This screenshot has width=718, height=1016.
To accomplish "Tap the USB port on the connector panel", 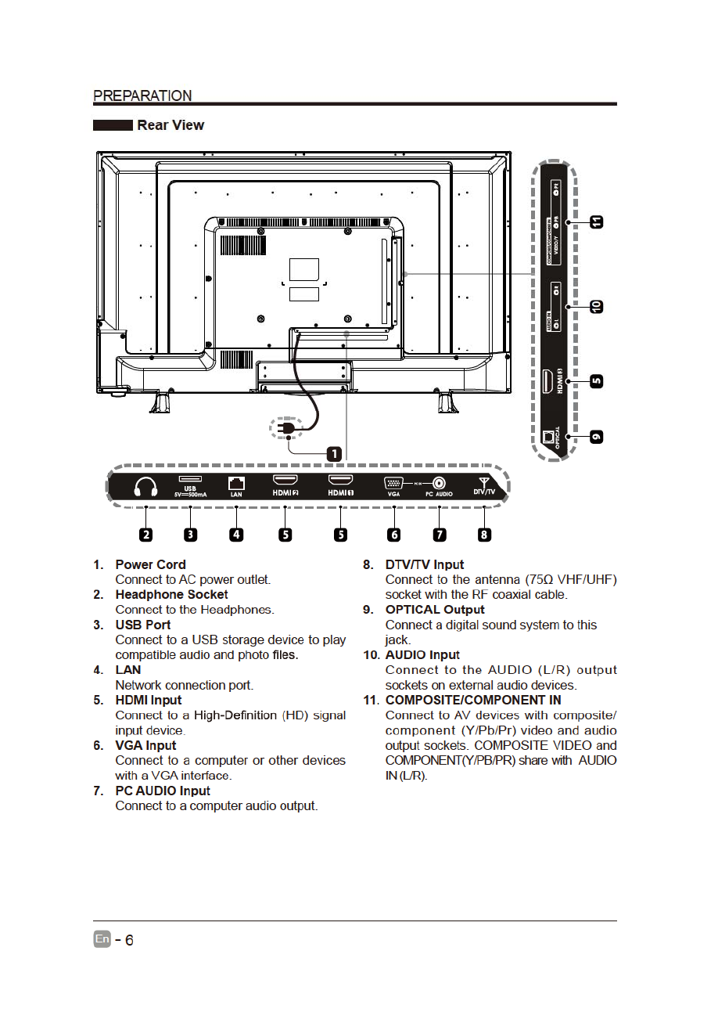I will (x=190, y=478).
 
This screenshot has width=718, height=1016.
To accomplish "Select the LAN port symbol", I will (x=236, y=483).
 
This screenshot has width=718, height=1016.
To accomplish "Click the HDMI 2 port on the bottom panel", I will (x=285, y=480).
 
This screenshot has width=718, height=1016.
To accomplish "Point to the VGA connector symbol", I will (x=393, y=483).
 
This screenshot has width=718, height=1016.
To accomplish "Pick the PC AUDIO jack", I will (x=440, y=483).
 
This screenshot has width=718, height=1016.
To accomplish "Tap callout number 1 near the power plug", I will (x=333, y=454).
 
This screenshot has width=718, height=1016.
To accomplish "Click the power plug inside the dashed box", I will (x=287, y=430).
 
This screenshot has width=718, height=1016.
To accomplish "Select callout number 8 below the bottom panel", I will (x=484, y=535).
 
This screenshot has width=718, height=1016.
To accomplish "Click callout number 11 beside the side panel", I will (x=597, y=222).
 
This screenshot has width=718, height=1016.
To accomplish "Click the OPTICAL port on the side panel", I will (x=549, y=436).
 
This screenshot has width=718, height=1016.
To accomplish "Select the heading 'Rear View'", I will (x=171, y=125).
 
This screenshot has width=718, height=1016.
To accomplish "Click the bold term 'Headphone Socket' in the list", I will (x=171, y=595).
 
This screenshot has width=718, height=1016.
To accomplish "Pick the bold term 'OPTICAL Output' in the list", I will (x=435, y=610).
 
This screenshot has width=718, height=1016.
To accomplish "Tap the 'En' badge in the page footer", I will (x=102, y=939).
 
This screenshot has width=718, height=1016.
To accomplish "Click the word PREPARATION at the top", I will (x=142, y=95).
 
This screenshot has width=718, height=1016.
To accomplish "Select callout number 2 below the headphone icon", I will (x=146, y=535).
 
